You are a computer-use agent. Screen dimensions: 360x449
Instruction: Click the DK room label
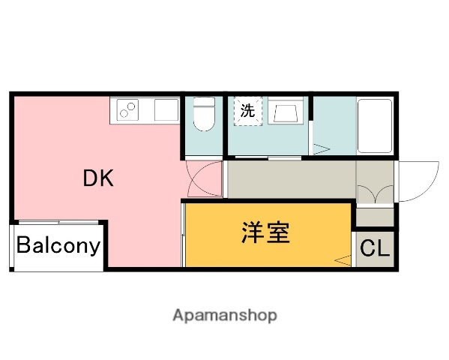(x=98, y=178)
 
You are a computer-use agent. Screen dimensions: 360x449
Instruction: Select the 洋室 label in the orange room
(x=265, y=233)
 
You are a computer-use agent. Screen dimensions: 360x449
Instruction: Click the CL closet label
(x=376, y=248)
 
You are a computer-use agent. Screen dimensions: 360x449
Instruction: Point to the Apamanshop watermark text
(x=224, y=316)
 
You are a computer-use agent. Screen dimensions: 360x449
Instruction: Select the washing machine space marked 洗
(x=247, y=112)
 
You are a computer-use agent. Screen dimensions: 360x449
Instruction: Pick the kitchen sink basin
(x=165, y=110)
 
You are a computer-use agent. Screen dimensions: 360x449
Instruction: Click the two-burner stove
(x=128, y=111)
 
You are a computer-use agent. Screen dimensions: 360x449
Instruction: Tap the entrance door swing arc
(x=418, y=181)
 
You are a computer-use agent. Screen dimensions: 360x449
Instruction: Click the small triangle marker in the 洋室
(x=343, y=261)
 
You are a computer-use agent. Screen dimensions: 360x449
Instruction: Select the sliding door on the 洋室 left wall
(x=183, y=232)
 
